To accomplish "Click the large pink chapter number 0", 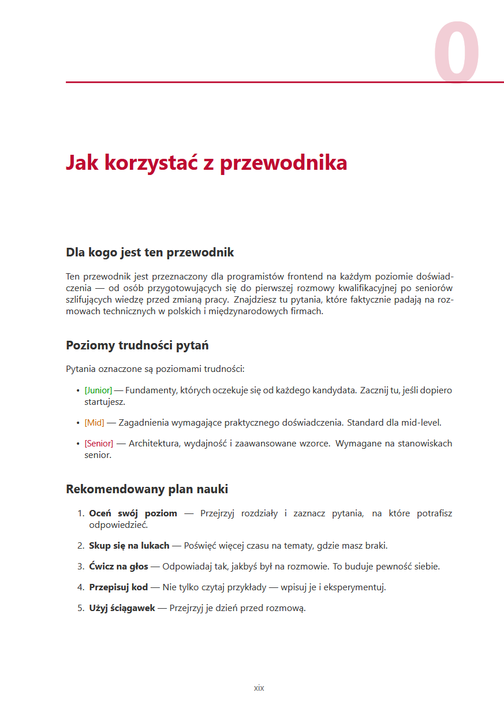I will pyautogui.click(x=457, y=53).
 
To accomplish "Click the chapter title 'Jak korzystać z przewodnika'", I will pyautogui.click(x=206, y=163).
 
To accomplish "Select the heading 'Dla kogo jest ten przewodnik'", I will pyautogui.click(x=150, y=252).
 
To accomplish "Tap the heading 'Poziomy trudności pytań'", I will pyautogui.click(x=137, y=345).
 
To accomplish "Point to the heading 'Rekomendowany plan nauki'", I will pyautogui.click(x=147, y=489).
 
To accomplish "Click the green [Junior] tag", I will pyautogui.click(x=98, y=390).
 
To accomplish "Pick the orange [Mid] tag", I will pyautogui.click(x=94, y=423).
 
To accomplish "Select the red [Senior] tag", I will pyautogui.click(x=99, y=444).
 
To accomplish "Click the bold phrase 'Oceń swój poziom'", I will pyautogui.click(x=133, y=513).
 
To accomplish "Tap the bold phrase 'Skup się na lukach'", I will pyautogui.click(x=129, y=545).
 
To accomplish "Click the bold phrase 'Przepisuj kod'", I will pyautogui.click(x=118, y=587).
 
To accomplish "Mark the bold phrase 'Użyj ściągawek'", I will pyautogui.click(x=122, y=608).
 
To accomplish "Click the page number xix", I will pyautogui.click(x=259, y=688).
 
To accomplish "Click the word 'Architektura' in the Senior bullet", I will pyautogui.click(x=154, y=444).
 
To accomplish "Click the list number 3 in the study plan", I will pyautogui.click(x=81, y=567).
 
